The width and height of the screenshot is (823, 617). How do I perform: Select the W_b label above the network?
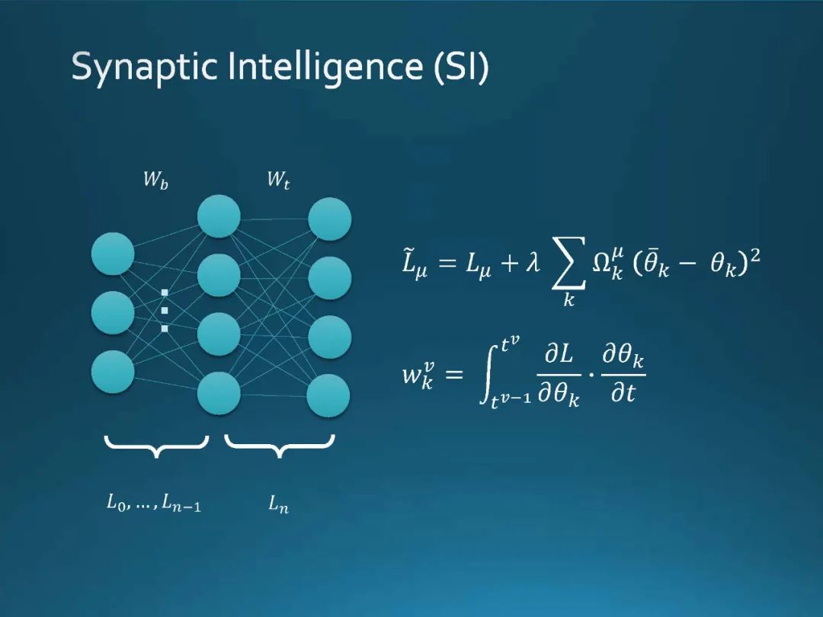point(156,181)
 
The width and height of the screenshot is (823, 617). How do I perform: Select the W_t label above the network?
point(278,181)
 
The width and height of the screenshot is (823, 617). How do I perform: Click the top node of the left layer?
point(113,254)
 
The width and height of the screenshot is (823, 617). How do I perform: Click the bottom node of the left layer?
point(113,371)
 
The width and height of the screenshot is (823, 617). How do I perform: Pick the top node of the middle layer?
point(219,216)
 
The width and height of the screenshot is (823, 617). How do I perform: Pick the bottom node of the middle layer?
point(219,393)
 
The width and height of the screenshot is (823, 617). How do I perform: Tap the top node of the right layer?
point(329,219)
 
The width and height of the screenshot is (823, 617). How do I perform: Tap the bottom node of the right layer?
point(328,395)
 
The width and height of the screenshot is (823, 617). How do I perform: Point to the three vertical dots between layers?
point(164,310)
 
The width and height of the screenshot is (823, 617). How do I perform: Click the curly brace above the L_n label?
point(280,446)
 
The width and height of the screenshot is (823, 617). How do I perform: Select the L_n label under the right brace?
point(278,504)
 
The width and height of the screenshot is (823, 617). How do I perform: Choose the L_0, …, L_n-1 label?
point(154,504)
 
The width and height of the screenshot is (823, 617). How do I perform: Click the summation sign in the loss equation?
point(568,264)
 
